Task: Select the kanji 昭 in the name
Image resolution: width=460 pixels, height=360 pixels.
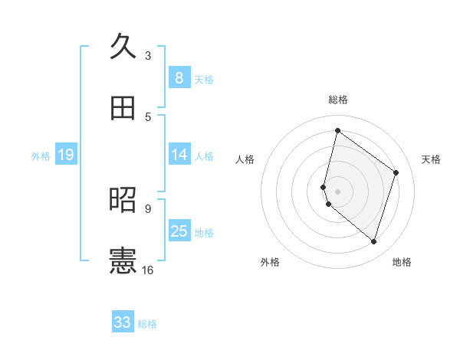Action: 123,200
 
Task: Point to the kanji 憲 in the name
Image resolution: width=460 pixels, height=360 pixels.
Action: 123,261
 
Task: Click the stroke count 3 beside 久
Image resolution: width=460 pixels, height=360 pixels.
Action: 148,56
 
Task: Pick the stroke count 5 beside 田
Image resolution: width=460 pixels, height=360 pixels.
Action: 148,117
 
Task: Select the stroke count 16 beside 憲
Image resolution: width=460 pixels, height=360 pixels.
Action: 148,270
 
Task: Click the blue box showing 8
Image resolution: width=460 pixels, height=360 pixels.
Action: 179,78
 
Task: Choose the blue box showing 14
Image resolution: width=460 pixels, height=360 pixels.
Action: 179,155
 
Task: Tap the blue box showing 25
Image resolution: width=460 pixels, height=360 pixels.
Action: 179,231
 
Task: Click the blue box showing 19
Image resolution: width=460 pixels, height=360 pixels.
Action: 66,155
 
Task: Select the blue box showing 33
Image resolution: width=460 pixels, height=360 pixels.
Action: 123,322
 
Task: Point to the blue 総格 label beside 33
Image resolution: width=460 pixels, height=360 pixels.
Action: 147,324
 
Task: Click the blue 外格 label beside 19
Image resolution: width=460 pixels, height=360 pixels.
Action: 41,156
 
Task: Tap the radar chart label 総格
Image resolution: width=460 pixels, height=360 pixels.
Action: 337,100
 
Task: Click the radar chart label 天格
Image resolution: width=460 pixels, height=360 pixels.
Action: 431,159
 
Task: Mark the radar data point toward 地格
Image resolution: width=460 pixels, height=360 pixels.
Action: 373,242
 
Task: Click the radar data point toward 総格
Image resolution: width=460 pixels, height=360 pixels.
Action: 337,131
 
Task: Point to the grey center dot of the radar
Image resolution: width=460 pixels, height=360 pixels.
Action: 337,191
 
